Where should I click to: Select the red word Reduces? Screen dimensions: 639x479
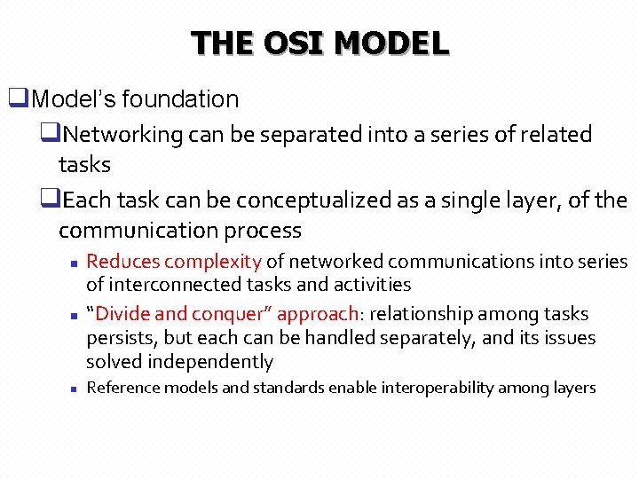click(x=122, y=262)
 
